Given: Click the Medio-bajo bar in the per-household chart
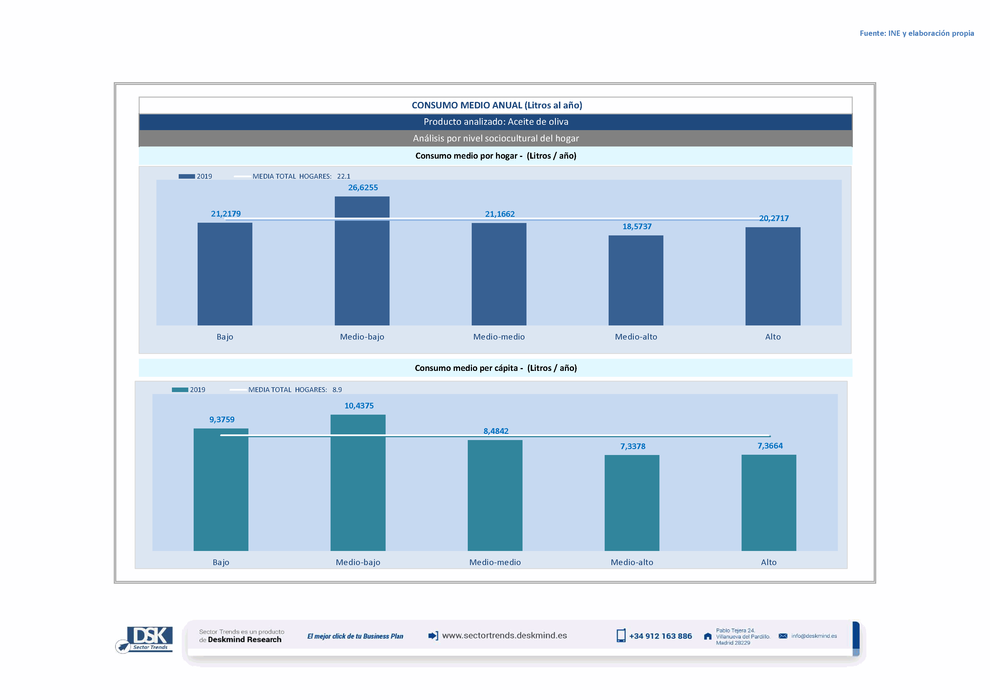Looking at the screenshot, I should [x=362, y=261].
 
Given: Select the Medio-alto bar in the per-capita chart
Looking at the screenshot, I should [x=632, y=503].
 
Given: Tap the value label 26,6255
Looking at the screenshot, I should [x=363, y=187].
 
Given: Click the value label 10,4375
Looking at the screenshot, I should [x=359, y=406].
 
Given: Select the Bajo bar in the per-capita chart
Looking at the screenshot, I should [x=221, y=490].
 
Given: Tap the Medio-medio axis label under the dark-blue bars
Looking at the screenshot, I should [x=499, y=337].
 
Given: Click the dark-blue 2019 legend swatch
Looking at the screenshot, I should [x=187, y=176].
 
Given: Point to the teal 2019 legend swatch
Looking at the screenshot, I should [x=180, y=390].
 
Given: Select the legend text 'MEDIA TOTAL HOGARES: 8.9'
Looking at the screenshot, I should [x=295, y=390].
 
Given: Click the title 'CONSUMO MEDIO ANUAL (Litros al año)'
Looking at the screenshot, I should [x=497, y=105].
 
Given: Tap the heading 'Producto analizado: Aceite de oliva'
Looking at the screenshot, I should [x=496, y=122].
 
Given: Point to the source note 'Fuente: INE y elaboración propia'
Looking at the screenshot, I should [x=916, y=33].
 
